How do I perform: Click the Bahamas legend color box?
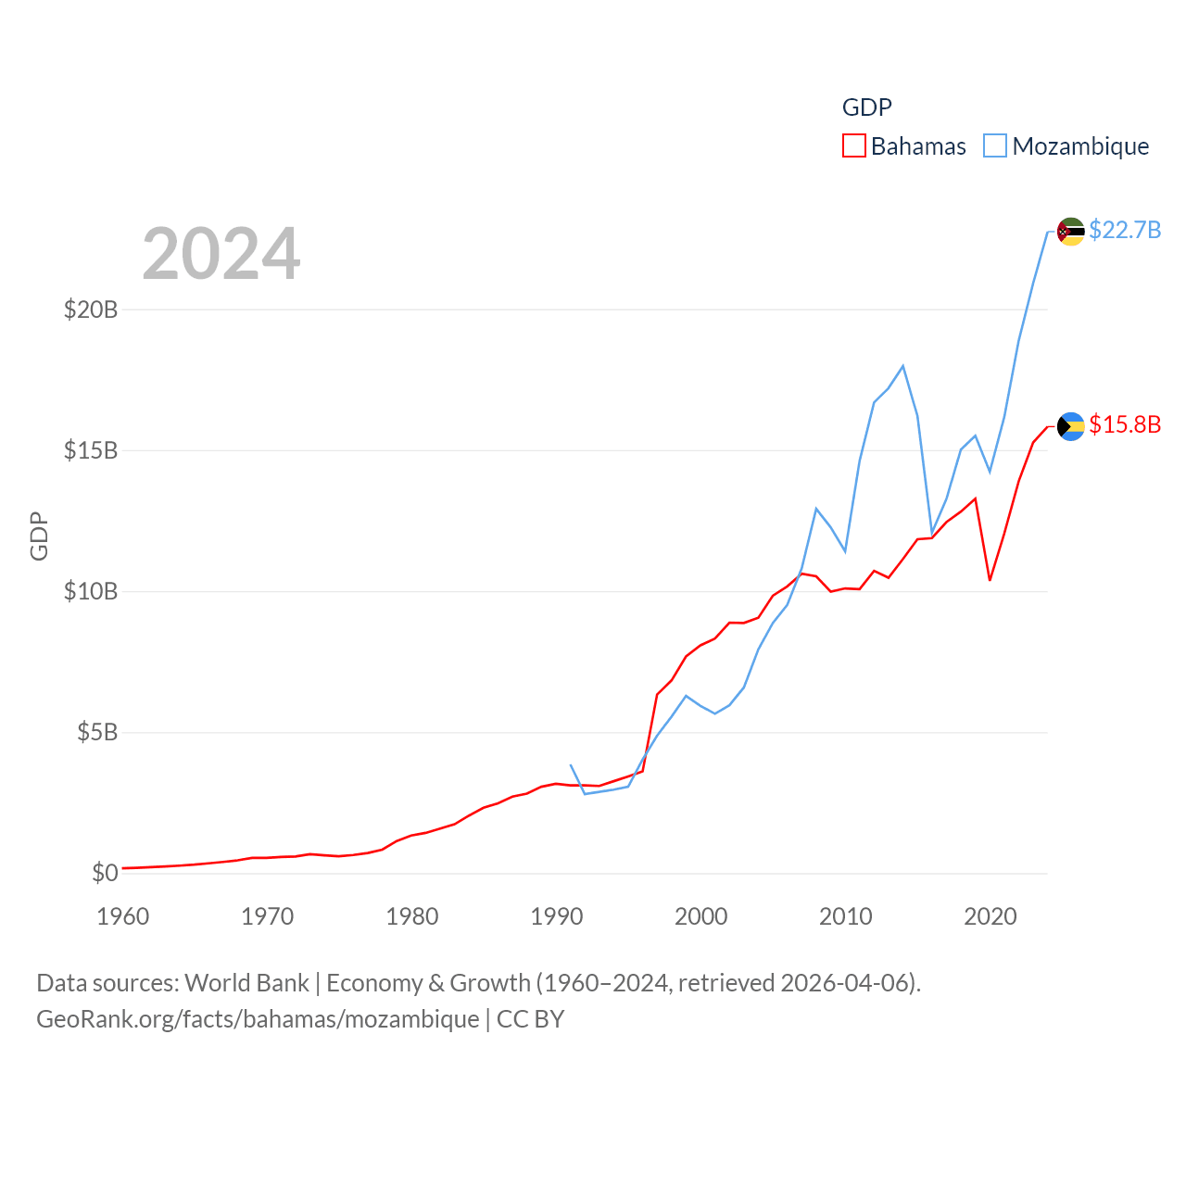coord(853,146)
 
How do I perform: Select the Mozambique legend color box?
coord(994,146)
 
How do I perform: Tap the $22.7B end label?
coord(1124,230)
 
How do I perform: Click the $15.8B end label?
coord(1124,424)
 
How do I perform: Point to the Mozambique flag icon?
coord(1070,232)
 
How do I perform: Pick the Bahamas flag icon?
coord(1070,426)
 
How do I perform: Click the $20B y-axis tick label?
coord(91,309)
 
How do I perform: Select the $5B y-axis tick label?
coord(97,733)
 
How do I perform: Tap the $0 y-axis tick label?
coord(105,873)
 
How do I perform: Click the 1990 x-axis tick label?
coord(556,916)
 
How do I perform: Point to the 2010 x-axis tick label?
coord(845,916)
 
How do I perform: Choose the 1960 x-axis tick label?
coord(123,916)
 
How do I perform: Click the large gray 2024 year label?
coord(221,253)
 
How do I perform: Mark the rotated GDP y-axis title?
coord(39,536)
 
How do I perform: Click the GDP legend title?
coord(866,107)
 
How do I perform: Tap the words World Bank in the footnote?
coord(246,982)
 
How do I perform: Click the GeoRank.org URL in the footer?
coord(258,1019)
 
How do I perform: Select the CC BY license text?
coord(530,1019)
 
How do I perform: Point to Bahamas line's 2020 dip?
coord(990,580)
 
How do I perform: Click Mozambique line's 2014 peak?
coord(902,366)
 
